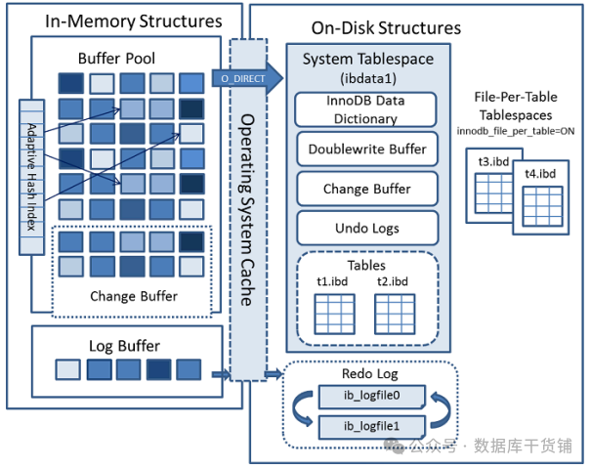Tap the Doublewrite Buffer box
pos(367,149)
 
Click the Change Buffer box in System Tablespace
pos(367,189)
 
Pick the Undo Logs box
pos(367,228)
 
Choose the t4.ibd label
pos(539,174)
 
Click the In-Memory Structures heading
pos(121,21)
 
